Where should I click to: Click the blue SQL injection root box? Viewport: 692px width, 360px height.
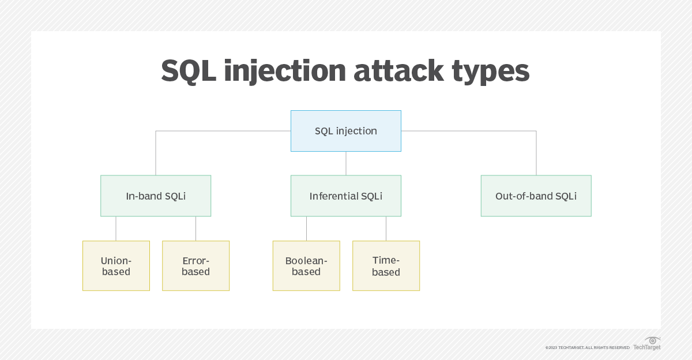pos(345,131)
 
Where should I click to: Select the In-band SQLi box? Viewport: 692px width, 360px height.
pos(156,196)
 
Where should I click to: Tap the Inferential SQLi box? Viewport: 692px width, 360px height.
pos(345,196)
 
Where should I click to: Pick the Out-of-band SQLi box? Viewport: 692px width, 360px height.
pos(536,196)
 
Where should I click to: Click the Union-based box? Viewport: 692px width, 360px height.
pos(116,265)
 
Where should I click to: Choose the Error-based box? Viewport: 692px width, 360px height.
pos(195,265)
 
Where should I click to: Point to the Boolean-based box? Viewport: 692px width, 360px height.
pos(306,265)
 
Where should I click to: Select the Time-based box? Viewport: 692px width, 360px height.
pos(386,265)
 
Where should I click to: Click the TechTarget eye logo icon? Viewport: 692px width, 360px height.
pos(653,340)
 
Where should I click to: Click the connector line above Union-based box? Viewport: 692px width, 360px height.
pos(116,228)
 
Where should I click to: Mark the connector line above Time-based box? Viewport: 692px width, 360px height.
pos(386,228)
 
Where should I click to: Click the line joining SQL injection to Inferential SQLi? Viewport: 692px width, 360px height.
pos(345,163)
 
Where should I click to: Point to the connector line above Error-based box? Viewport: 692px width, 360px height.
pos(195,228)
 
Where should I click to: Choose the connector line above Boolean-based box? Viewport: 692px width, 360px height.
pos(306,228)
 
